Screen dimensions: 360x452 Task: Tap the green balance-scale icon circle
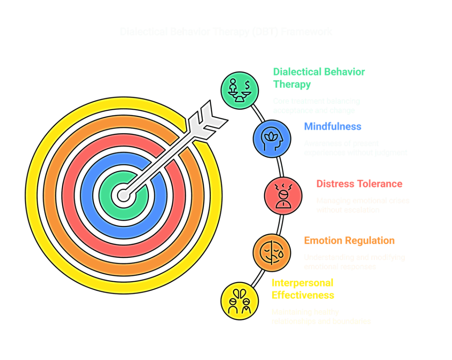click(239, 89)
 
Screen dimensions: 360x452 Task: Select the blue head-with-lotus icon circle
click(272, 138)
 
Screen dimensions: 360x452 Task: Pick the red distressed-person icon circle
click(283, 195)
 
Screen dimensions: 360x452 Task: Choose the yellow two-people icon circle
click(239, 302)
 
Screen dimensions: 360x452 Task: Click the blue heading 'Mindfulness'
click(332, 126)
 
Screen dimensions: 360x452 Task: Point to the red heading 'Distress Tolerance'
click(359, 184)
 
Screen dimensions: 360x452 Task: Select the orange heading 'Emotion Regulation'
click(349, 241)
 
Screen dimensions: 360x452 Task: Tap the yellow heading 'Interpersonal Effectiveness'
click(303, 289)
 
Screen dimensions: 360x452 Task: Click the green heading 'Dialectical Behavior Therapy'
click(319, 78)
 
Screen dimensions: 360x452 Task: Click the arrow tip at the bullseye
click(123, 194)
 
